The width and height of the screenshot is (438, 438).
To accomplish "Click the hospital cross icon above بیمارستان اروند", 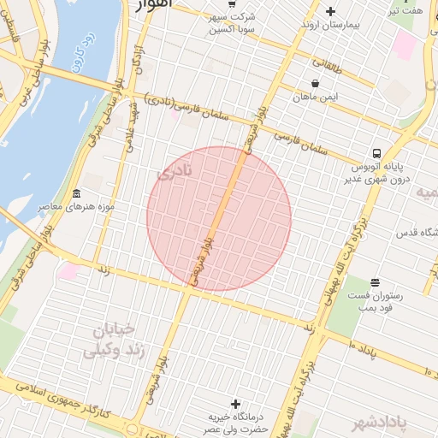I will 331,11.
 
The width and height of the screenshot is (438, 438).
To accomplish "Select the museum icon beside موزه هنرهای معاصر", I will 77,193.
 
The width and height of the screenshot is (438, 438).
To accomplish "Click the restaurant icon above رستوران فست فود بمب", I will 374,281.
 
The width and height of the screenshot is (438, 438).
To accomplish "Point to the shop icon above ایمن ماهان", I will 316,83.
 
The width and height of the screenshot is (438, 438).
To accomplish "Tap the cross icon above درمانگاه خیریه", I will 236,403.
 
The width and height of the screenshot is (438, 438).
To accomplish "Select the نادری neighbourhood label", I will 175,175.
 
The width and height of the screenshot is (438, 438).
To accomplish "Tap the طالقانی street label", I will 328,62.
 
